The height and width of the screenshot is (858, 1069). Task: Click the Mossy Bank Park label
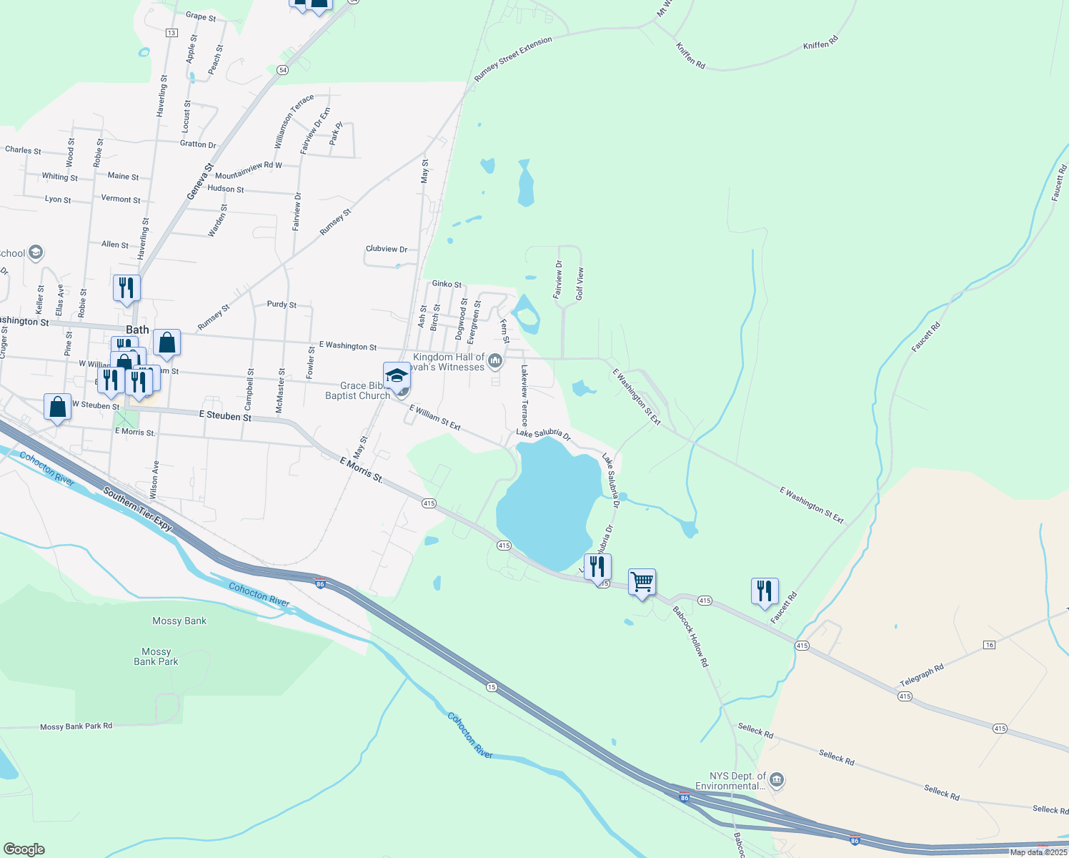pos(156,656)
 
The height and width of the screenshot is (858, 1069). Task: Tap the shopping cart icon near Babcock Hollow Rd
pos(642,583)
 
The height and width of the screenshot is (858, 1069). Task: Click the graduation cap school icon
pos(397,375)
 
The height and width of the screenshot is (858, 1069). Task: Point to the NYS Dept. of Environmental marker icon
pos(777,780)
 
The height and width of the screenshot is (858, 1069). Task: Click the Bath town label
pos(137,330)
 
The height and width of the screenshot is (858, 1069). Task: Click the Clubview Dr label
pos(386,249)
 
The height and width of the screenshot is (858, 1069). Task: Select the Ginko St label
pos(447,284)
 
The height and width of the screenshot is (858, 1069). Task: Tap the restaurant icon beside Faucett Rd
pos(765,591)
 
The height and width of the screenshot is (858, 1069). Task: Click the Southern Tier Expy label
pos(137,508)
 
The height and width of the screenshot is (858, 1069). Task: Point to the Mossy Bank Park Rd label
pos(76,726)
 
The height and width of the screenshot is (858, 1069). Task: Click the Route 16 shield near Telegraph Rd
pos(989,645)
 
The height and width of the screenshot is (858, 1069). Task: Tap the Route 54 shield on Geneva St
pos(283,70)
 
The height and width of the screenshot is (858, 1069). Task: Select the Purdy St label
pos(282,305)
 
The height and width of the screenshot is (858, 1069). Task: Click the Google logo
pos(24,849)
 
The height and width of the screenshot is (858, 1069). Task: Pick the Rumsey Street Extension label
pos(513,58)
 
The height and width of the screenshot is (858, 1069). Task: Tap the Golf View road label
pos(580,284)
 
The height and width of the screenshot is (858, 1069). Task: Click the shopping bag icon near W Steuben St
pos(57,407)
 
